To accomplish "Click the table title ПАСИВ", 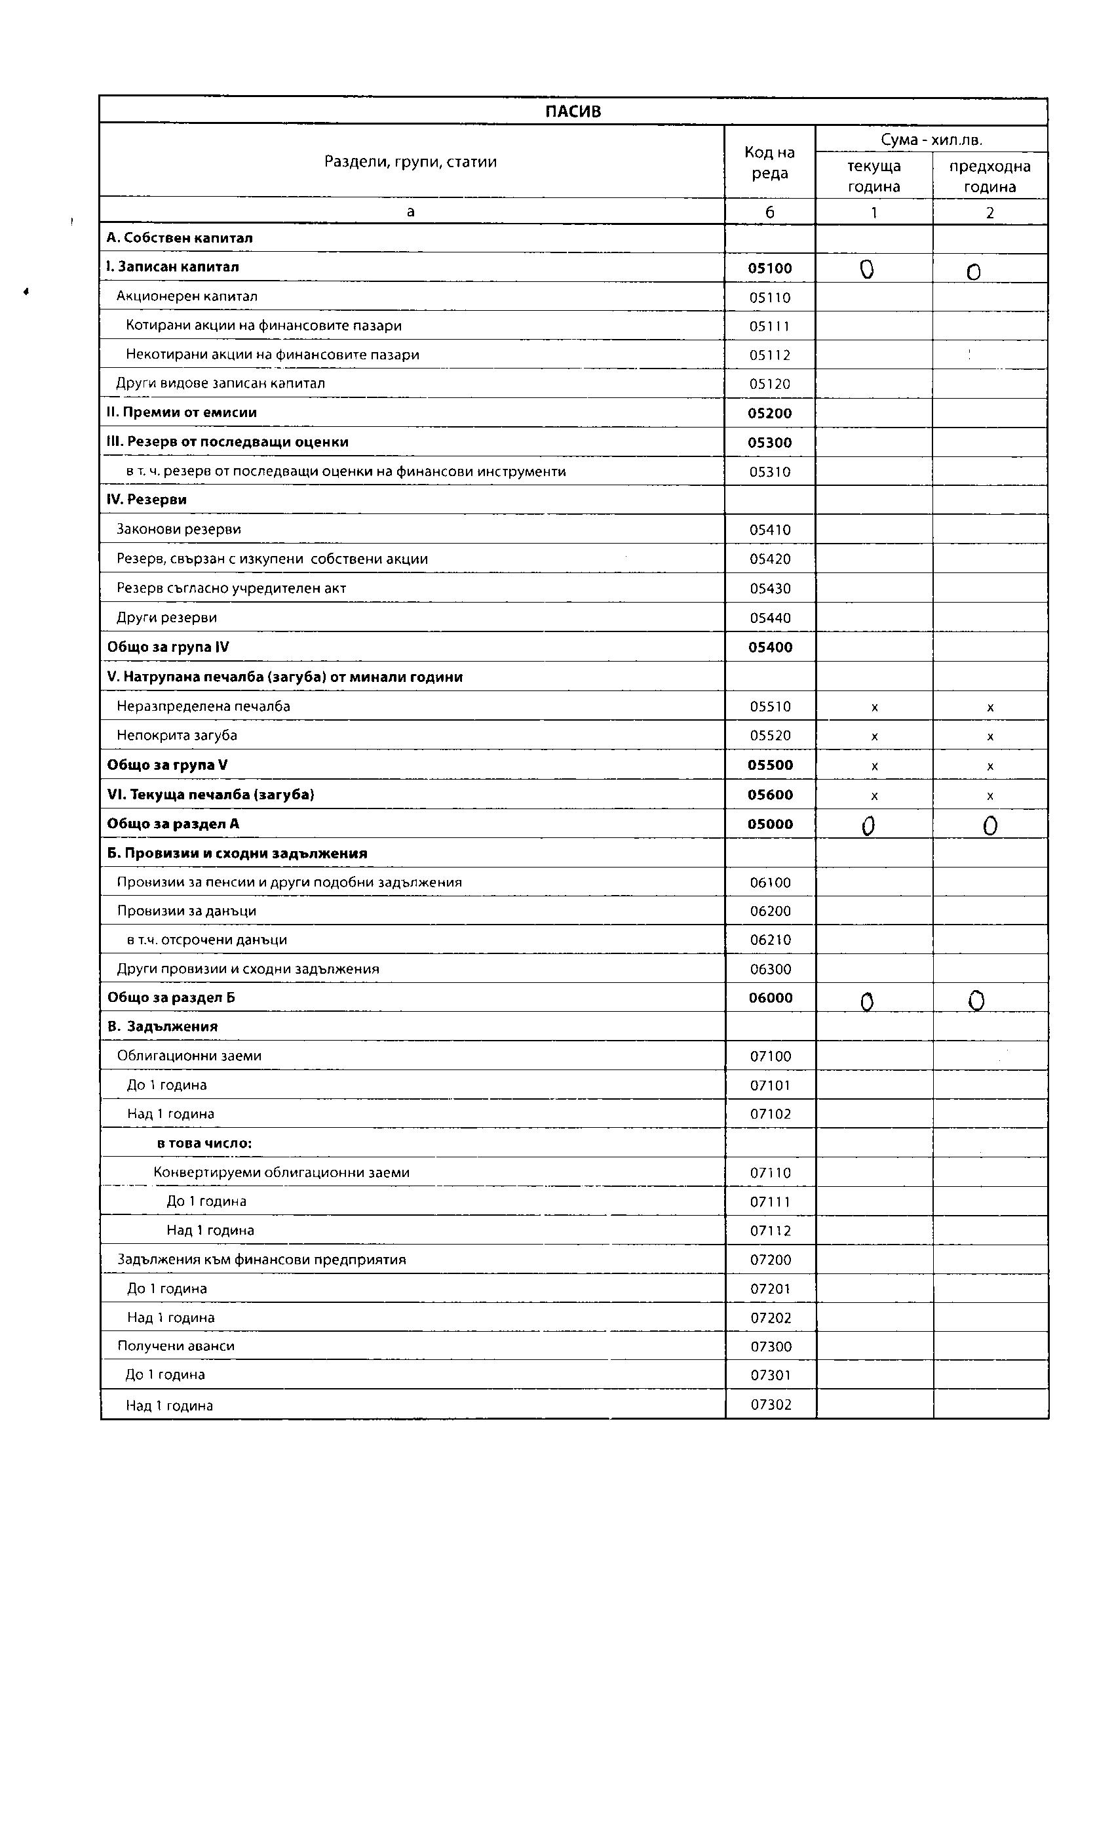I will [x=573, y=111].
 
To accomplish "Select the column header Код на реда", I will [x=769, y=163].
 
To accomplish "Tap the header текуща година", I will [x=874, y=176].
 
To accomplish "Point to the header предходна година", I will [x=989, y=176].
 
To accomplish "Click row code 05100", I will [x=769, y=268].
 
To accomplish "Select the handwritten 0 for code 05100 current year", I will [x=866, y=269].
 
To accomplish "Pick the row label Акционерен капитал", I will [x=187, y=296].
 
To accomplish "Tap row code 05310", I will [x=769, y=471].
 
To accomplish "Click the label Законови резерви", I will [x=179, y=529].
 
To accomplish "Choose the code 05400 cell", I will [x=770, y=647].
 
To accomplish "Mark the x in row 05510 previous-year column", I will [x=989, y=707].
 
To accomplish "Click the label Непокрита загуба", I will [x=177, y=736].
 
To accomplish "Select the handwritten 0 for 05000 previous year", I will [x=989, y=826].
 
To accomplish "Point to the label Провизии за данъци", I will [x=186, y=911].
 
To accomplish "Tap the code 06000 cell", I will [x=770, y=998].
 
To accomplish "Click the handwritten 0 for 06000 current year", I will [x=867, y=1002].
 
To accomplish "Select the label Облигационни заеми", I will [x=189, y=1056].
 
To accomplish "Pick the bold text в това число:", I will [x=204, y=1143].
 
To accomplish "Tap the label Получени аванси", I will [x=176, y=1346].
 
